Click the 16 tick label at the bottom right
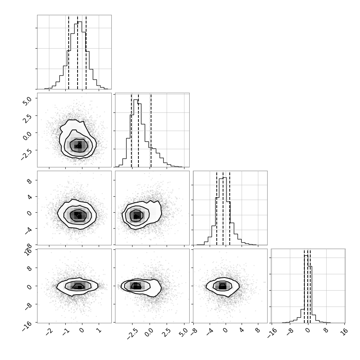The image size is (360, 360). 344,331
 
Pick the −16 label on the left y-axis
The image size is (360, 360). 27,326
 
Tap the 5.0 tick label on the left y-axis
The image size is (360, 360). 27,101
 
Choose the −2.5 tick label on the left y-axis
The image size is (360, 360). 26,153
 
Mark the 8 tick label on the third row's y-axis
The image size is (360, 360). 29,180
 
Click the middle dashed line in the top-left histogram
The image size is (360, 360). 78,52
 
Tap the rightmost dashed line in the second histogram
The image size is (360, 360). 151,130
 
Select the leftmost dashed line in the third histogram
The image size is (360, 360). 216,208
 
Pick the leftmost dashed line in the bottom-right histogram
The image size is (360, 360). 304,286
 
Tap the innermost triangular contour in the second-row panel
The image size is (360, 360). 79,145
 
